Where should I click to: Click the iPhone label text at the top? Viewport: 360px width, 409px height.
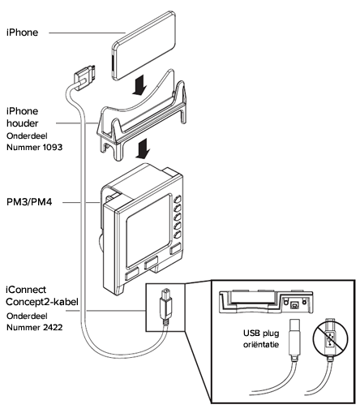(22, 32)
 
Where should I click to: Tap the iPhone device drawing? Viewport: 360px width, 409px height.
(144, 45)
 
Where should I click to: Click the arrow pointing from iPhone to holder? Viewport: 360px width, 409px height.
(140, 84)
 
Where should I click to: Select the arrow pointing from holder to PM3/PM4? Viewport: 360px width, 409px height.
(142, 149)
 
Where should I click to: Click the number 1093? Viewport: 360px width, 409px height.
(53, 148)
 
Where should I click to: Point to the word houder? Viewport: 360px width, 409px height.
(23, 123)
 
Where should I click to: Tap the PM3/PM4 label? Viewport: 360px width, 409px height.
(29, 202)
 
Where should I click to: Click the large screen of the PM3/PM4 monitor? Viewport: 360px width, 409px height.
(149, 230)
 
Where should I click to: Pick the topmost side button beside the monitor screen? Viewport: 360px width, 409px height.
(178, 200)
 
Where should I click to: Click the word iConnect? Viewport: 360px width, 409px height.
(26, 290)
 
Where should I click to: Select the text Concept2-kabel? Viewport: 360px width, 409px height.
(42, 302)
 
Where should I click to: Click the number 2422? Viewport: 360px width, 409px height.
(53, 328)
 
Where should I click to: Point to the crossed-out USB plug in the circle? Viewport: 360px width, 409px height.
(330, 338)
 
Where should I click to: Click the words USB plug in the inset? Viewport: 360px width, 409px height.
(261, 334)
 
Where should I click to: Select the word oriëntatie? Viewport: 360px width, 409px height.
(261, 345)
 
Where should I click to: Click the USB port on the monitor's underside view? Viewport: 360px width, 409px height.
(294, 305)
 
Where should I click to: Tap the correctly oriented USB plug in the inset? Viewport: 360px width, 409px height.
(294, 338)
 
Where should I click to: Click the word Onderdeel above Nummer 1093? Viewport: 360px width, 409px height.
(27, 136)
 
